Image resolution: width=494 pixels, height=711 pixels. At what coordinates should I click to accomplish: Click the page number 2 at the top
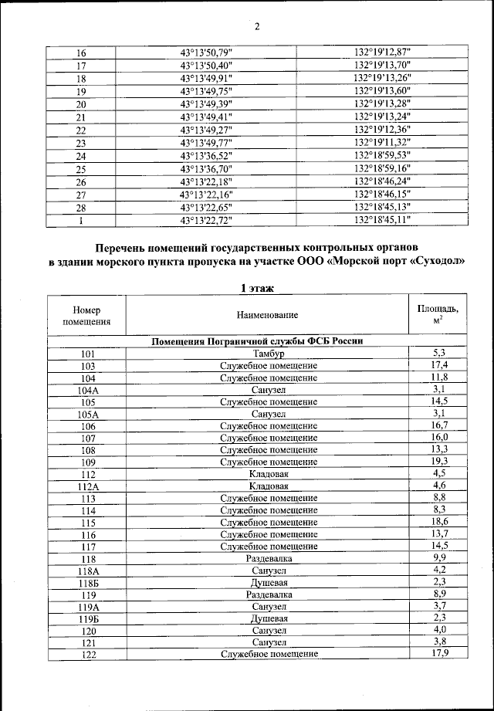tap(257, 26)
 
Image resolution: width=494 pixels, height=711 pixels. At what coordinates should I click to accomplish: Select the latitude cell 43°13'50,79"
tap(205, 52)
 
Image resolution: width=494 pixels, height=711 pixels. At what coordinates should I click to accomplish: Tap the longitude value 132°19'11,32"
tap(382, 143)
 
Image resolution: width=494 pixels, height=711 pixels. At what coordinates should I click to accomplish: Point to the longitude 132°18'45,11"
tap(382, 220)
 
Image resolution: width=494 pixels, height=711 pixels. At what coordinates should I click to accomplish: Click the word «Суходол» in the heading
tap(436, 261)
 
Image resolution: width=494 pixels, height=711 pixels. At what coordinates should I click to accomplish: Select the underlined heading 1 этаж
tap(257, 289)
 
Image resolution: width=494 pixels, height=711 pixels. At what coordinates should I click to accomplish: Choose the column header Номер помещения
tap(86, 315)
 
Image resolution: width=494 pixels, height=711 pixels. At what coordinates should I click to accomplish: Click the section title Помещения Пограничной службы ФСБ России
tap(257, 340)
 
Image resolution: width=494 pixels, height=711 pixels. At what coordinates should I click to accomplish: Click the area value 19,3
tap(440, 461)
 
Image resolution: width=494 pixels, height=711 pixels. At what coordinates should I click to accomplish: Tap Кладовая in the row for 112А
tap(268, 486)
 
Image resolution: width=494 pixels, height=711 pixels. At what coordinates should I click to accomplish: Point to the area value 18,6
tap(440, 522)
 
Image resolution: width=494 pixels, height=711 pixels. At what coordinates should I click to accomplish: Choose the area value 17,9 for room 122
tap(440, 654)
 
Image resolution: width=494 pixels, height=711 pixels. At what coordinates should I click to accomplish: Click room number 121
tap(86, 642)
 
